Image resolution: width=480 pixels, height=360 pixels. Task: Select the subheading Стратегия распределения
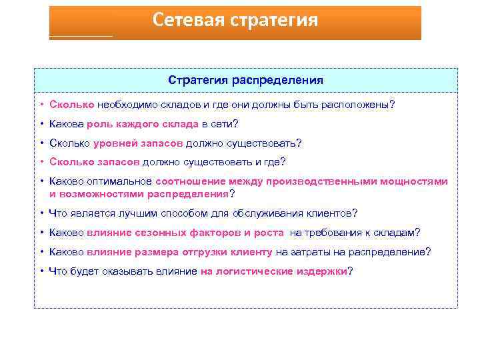coord(246,80)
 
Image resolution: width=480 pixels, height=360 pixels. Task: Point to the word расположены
coord(358,105)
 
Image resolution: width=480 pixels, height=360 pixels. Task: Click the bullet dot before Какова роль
coord(41,124)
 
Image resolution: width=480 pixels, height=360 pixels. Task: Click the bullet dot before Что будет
coord(41,271)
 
